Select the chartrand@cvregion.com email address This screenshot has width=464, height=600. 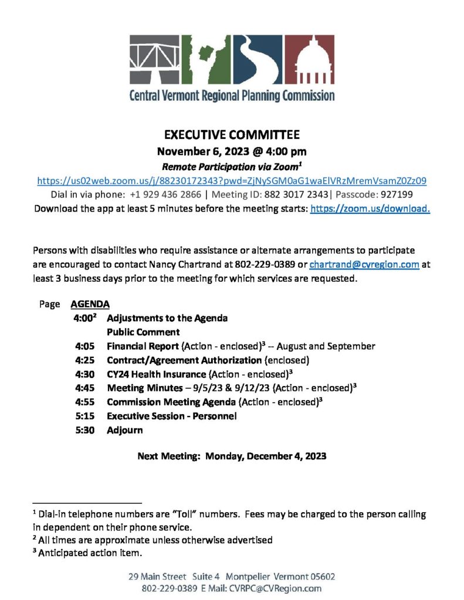coord(364,264)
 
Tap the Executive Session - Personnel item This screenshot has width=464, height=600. coord(171,416)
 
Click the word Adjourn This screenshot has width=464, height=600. coord(124,430)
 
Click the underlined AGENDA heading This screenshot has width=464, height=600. coord(90,305)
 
